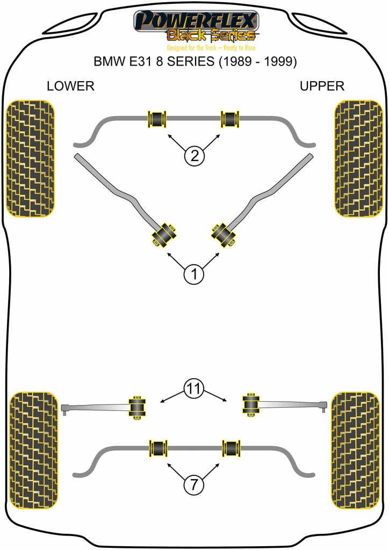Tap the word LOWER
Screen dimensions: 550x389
tap(70, 86)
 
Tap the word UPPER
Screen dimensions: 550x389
tap(322, 86)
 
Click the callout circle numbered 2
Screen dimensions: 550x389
tap(194, 156)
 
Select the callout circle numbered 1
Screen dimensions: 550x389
tap(194, 274)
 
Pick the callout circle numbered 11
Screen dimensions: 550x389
tap(194, 388)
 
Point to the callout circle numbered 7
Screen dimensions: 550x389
tap(194, 485)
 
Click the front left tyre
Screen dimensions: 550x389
tap(30, 158)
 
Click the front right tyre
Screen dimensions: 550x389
tap(358, 158)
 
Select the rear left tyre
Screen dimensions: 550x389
tap(33, 450)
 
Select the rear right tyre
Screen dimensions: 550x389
tap(355, 450)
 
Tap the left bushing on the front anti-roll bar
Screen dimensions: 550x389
tap(157, 118)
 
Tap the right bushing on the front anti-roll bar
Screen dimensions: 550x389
tap(231, 118)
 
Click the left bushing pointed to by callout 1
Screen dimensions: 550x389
tap(164, 234)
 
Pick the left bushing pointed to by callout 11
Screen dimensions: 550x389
tap(138, 407)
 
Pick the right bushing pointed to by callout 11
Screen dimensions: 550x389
tap(250, 404)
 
